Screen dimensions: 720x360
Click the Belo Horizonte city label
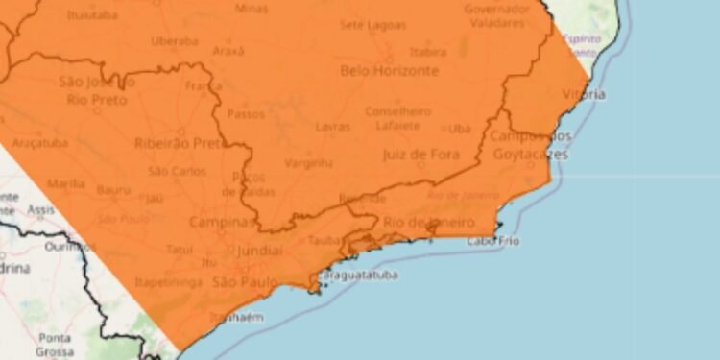point(389,71)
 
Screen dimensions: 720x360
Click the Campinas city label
point(223,223)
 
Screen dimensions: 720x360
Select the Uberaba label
point(174,40)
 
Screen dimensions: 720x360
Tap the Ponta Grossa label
point(57,345)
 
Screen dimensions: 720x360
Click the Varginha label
point(309,163)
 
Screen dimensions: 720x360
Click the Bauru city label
point(112,189)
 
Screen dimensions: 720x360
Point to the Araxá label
point(228,50)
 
